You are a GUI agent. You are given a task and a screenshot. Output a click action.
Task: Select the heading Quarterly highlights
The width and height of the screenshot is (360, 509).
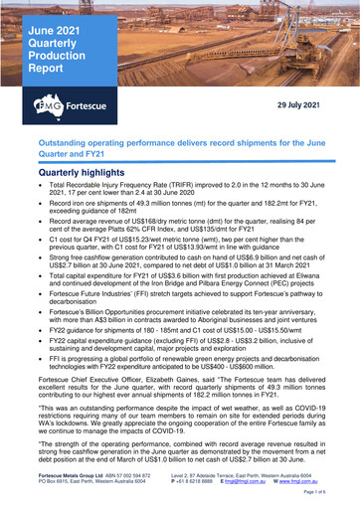point(86,171)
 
